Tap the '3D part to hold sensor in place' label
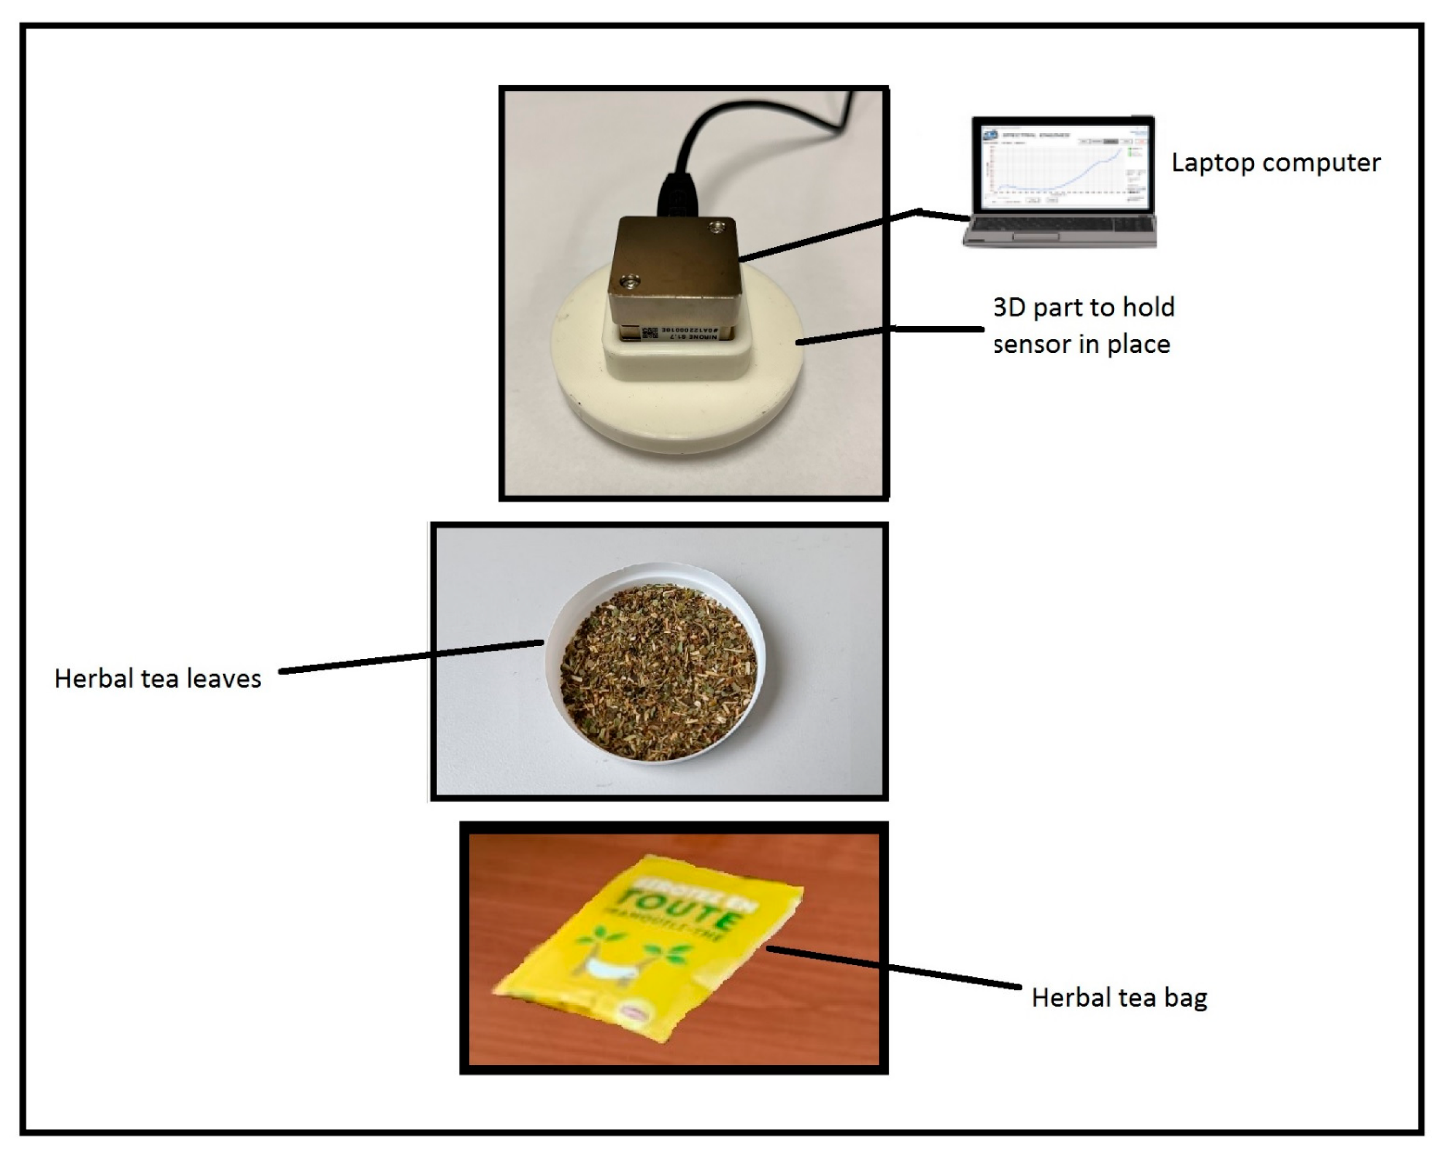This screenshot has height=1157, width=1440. click(1082, 326)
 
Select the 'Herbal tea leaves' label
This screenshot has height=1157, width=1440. click(157, 679)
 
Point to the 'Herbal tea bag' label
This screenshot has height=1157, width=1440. click(1119, 997)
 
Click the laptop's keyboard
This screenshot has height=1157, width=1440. click(1059, 226)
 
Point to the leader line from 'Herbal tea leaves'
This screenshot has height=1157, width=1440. click(411, 657)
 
